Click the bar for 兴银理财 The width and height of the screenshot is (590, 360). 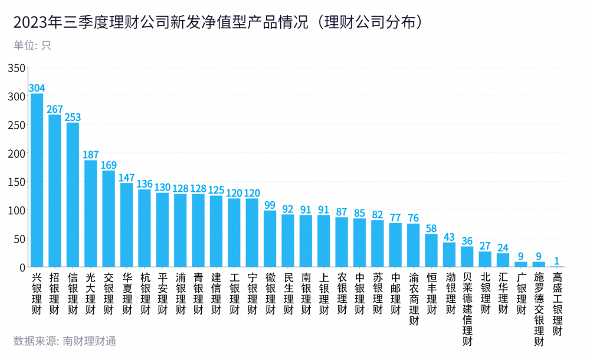(x=37, y=180)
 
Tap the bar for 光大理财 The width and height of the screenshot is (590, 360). (x=91, y=214)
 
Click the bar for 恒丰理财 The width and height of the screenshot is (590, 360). (x=431, y=250)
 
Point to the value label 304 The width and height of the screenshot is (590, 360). (x=37, y=88)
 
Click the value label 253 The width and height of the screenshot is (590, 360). (x=73, y=117)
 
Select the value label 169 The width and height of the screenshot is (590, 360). (x=109, y=165)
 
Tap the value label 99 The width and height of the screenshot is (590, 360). (x=270, y=205)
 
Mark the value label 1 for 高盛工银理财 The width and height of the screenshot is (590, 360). (x=557, y=261)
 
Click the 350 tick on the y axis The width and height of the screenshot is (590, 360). (x=17, y=68)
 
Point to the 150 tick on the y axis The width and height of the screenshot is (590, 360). (x=17, y=182)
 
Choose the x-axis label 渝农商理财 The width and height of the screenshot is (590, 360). (x=414, y=299)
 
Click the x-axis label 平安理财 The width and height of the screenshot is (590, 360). (x=162, y=294)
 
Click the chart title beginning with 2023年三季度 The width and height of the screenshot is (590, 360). (x=219, y=22)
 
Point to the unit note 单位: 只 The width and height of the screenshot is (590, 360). (x=32, y=45)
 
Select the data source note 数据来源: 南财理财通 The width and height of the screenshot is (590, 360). (x=65, y=341)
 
